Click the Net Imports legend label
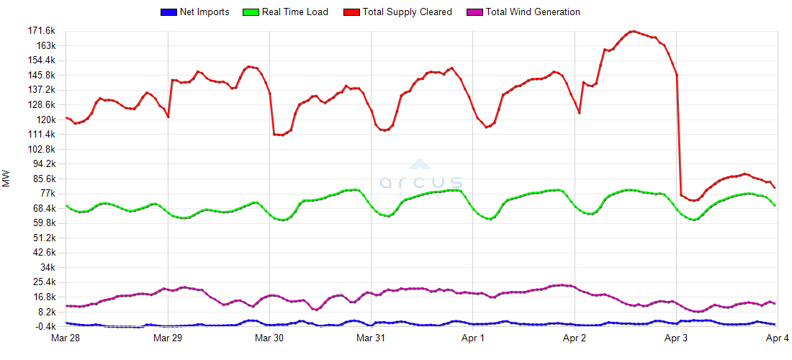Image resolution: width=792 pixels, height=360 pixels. [204, 12]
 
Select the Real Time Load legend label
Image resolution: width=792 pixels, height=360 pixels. [295, 12]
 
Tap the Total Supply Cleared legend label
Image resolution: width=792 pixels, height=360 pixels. [408, 12]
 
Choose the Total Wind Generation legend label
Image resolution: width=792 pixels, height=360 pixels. [533, 12]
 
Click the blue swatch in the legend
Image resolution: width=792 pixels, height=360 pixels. [168, 12]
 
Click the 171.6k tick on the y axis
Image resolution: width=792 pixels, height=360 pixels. [41, 31]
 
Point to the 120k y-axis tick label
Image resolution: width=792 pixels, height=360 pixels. [45, 120]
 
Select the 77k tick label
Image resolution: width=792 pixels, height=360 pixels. [47, 194]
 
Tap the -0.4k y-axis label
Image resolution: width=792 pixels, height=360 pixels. [43, 326]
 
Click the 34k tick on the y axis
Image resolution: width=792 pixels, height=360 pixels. [47, 267]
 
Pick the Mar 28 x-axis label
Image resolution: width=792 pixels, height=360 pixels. [66, 338]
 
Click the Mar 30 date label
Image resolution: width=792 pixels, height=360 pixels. [269, 338]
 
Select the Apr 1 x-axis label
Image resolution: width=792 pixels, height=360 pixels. [472, 338]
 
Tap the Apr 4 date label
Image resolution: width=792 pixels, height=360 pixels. [776, 338]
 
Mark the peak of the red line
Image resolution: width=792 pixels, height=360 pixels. [632, 31]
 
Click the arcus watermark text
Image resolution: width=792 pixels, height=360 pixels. [421, 181]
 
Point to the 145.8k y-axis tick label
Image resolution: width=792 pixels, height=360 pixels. [41, 76]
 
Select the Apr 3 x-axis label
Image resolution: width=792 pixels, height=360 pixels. [675, 338]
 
